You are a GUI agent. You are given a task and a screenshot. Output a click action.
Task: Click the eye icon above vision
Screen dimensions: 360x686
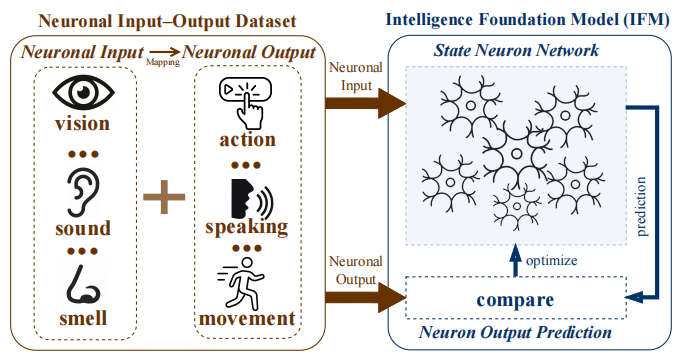click(x=86, y=94)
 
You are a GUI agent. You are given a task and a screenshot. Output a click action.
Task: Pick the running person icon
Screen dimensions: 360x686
click(x=246, y=284)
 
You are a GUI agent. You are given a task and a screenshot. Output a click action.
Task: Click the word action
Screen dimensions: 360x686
click(x=246, y=138)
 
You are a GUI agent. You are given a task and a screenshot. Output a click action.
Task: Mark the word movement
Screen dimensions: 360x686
click(x=246, y=320)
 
